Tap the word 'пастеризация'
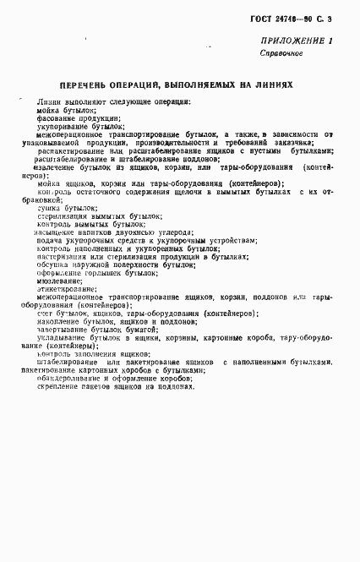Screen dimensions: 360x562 pos(64,255)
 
